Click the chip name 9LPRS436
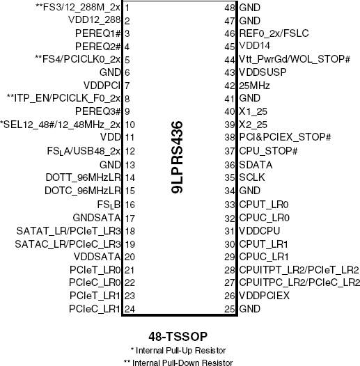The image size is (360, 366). point(177,157)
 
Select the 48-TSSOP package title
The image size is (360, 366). point(178,337)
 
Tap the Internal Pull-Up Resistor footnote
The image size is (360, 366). point(178,351)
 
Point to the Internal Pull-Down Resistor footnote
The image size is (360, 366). point(178,363)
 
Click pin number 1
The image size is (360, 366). point(127,8)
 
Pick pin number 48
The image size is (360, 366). point(229,8)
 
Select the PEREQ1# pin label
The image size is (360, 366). point(98,33)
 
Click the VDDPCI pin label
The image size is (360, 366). point(102,86)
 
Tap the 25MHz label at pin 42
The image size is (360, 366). point(254,86)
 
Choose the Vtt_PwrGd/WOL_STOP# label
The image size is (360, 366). point(295,59)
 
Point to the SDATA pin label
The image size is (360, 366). point(256,165)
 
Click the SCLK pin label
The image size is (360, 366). point(252,177)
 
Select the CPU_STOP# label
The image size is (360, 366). point(268,151)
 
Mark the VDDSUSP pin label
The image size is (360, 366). point(263,72)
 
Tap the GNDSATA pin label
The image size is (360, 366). point(97,218)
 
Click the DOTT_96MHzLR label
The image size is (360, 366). point(83,177)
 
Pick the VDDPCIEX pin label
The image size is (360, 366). point(264,296)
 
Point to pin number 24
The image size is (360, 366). point(130,309)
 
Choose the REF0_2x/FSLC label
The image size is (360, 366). point(274,33)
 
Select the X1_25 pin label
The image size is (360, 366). point(253,111)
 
